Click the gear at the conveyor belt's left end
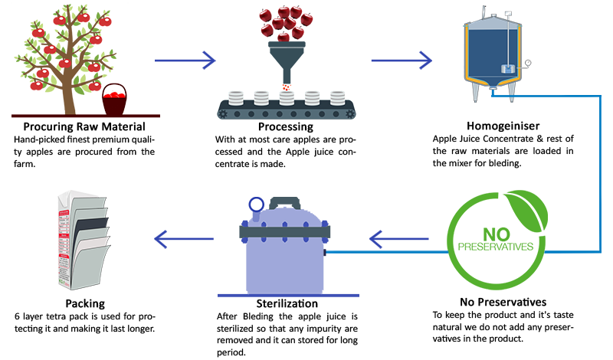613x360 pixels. click(x=224, y=113)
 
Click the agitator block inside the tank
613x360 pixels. click(x=506, y=69)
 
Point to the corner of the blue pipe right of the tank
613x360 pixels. click(x=600, y=98)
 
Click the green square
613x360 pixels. click(x=497, y=240)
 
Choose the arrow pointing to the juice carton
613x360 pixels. click(x=184, y=240)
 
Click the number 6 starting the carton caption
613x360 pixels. click(x=16, y=316)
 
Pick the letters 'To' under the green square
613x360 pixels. click(x=438, y=314)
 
